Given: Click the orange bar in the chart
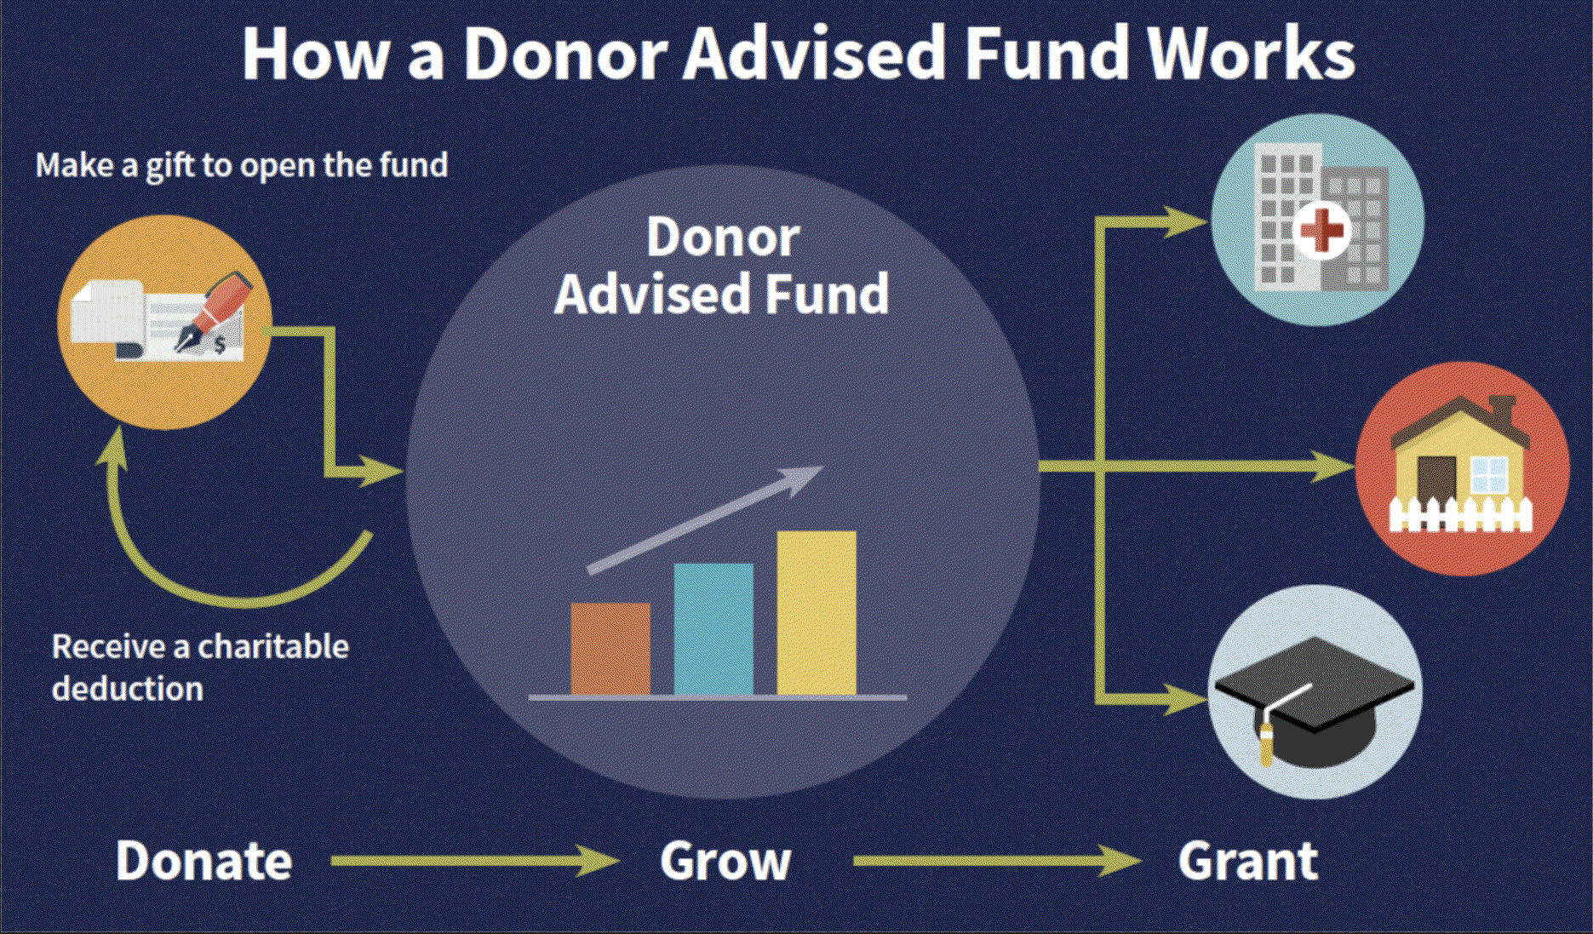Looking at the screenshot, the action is click(x=610, y=649).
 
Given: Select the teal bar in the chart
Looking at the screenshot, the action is click(x=713, y=629).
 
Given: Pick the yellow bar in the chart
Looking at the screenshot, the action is click(x=817, y=613).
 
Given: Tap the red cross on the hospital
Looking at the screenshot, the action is click(x=1322, y=230).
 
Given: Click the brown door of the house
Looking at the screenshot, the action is click(x=1437, y=483).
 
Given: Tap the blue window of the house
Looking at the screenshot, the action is click(x=1488, y=474).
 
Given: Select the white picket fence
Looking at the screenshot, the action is click(x=1460, y=514).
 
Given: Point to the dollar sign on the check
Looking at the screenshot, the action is click(x=221, y=345).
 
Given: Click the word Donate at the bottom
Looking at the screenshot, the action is click(x=204, y=861).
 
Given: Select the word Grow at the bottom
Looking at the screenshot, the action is click(x=725, y=862).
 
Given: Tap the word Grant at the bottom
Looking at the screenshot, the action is click(x=1248, y=861).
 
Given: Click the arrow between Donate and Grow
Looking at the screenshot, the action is click(x=475, y=861).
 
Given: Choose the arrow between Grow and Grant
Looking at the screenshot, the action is click(x=997, y=861).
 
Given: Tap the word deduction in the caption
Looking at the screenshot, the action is click(x=128, y=688).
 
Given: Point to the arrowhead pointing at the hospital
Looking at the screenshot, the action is click(x=1186, y=221).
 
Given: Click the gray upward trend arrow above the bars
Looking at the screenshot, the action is click(x=705, y=519).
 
